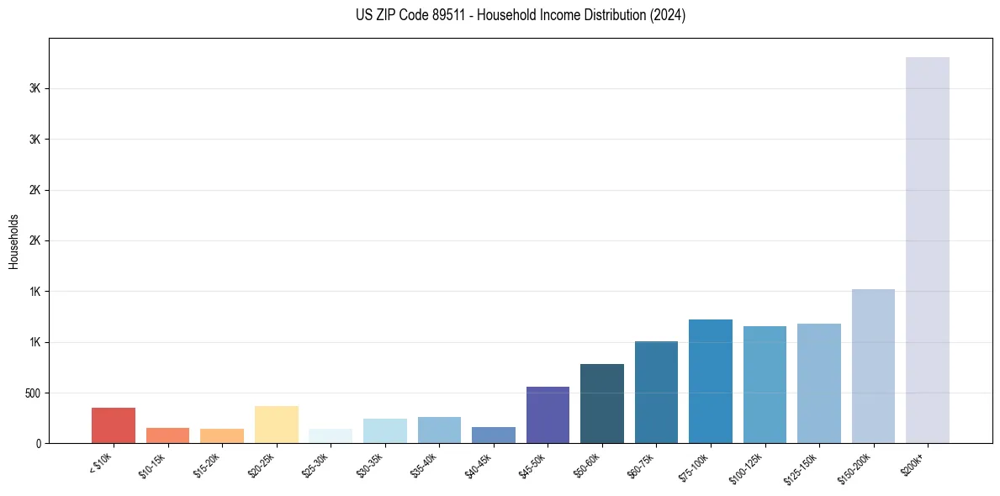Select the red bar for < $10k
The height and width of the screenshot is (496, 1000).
pos(114,425)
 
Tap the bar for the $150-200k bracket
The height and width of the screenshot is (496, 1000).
pos(873,366)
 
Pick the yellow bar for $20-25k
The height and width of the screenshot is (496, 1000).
pos(276,425)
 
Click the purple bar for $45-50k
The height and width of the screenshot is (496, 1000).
pos(548,414)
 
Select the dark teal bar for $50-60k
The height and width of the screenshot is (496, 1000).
pos(602,404)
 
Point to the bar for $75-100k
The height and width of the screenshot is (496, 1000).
pos(711,381)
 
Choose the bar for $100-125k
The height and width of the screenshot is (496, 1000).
pos(765,384)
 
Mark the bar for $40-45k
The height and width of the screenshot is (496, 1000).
pos(494,435)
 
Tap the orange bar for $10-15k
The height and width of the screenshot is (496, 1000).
pos(167,435)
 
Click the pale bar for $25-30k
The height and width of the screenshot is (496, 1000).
pos(331,435)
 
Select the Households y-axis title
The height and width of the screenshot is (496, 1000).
pos(14,240)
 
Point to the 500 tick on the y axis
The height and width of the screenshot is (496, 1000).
pos(34,393)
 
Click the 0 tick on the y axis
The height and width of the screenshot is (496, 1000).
pos(39,443)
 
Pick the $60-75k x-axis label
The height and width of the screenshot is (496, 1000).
pos(640,462)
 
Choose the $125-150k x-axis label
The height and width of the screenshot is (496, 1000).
pos(801,465)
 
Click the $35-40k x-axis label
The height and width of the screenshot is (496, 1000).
pos(423,462)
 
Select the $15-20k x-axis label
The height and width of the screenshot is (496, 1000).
pos(206,462)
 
